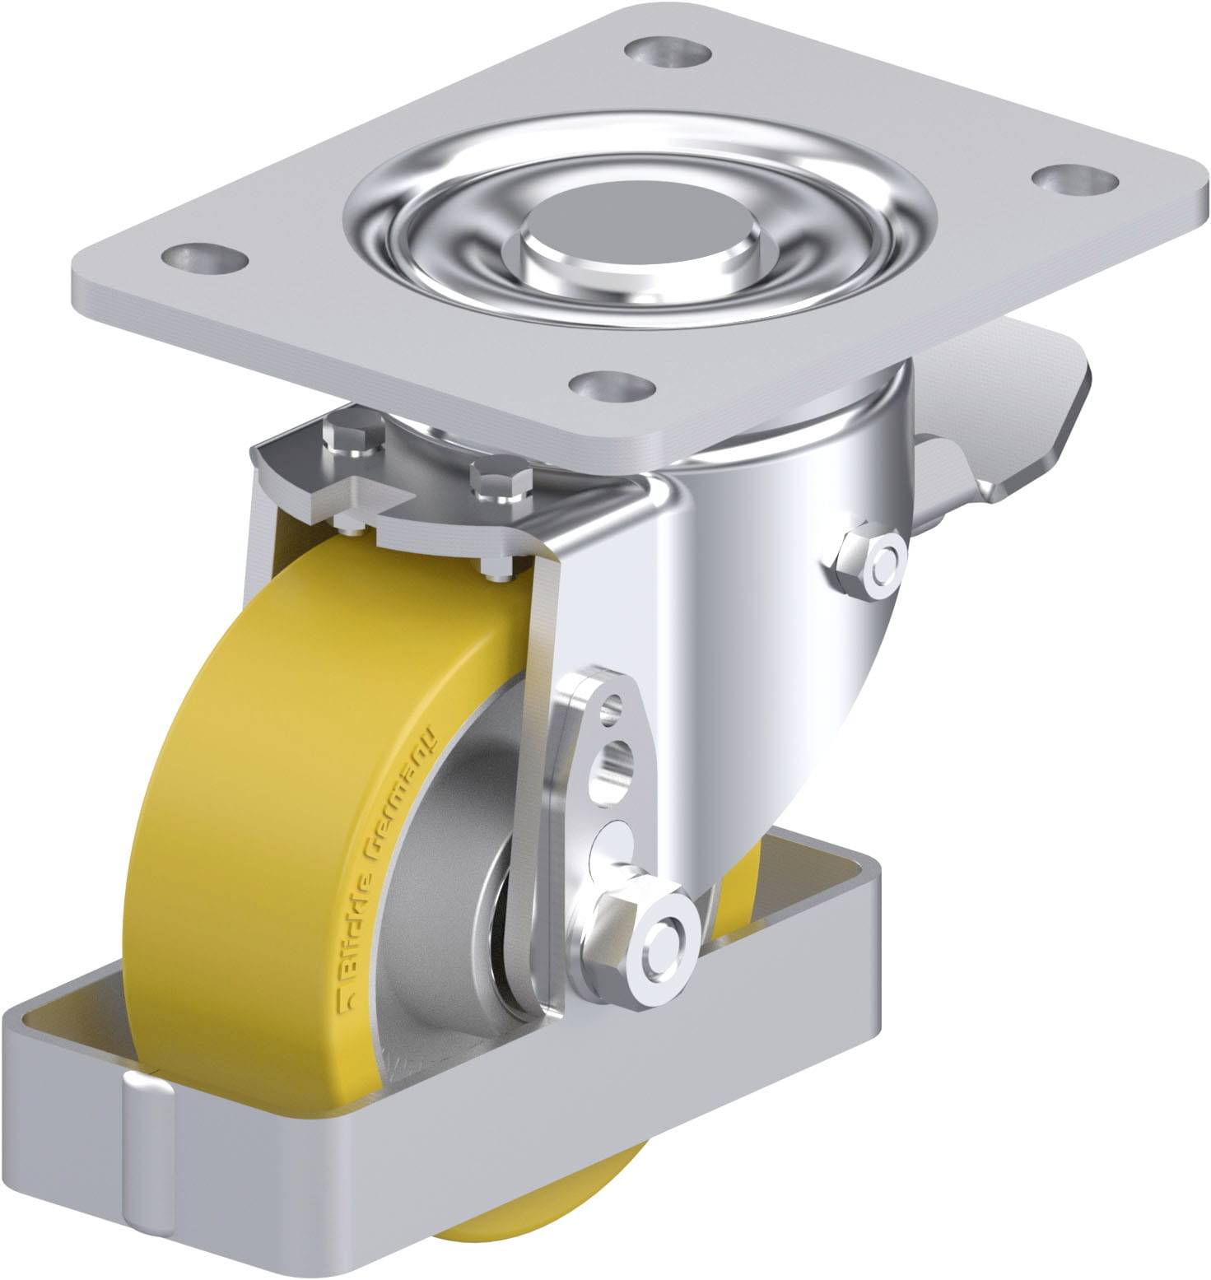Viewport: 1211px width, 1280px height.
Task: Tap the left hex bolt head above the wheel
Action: (356, 440)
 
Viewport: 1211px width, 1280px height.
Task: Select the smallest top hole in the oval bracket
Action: (609, 708)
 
